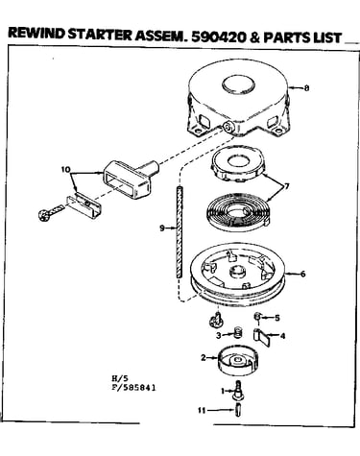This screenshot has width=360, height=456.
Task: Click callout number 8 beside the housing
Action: coord(306,87)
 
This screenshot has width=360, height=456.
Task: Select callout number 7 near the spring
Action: coord(286,185)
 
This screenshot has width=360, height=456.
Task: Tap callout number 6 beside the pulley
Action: coord(302,274)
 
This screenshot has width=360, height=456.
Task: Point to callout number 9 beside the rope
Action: coord(162,228)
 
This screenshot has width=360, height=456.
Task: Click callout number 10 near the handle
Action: coord(65,169)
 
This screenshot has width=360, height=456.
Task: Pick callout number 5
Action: coord(277,318)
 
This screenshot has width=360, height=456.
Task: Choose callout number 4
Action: coord(282,336)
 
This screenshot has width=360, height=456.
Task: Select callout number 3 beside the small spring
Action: coord(219,335)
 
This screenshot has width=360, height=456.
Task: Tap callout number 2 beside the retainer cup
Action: coord(204,357)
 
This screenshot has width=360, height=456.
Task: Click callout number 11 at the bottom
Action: coord(202,410)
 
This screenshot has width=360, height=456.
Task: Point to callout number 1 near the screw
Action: coord(223,391)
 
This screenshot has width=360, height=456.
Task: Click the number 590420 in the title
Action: coord(219,37)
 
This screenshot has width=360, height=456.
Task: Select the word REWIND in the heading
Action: coord(36,34)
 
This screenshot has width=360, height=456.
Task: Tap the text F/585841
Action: coord(133,388)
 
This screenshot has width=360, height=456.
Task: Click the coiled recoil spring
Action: coord(239,212)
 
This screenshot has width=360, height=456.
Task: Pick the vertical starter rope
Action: coord(179,231)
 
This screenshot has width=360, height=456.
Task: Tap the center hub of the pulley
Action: coord(237,273)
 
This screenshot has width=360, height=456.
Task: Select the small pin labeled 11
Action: coord(237,411)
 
